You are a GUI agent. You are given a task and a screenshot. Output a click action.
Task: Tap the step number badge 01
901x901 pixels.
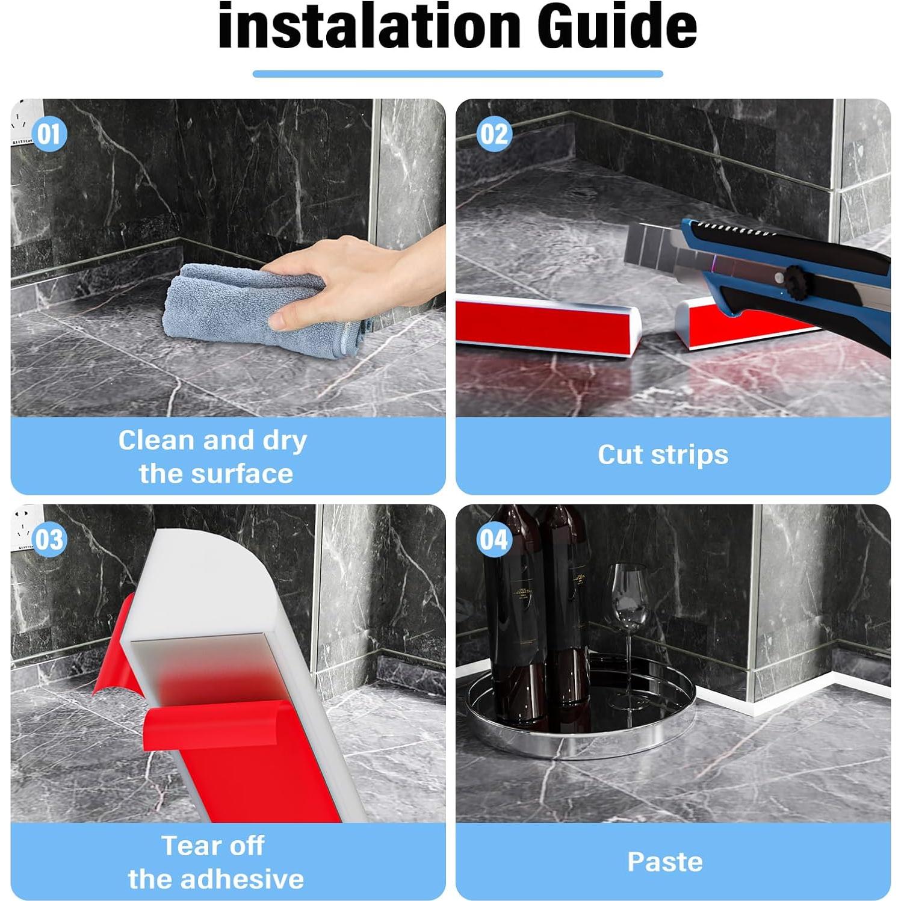click(49, 134)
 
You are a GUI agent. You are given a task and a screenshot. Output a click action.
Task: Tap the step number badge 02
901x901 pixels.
click(494, 134)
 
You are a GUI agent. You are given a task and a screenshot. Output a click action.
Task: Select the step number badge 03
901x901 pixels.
click(49, 539)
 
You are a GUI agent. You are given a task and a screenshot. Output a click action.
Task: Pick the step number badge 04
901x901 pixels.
click(494, 539)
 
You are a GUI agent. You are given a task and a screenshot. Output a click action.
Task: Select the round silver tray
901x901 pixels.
click(581, 710)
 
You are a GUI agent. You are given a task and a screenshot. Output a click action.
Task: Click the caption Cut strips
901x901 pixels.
click(663, 455)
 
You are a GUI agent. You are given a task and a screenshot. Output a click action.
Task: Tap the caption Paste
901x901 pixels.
click(665, 862)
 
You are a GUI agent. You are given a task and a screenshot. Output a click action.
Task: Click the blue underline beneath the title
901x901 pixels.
click(457, 74)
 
